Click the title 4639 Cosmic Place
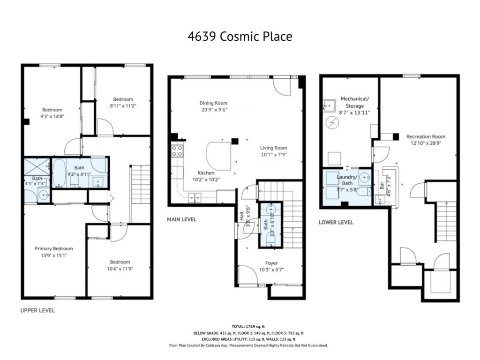click(x=240, y=37)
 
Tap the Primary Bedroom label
click(x=54, y=248)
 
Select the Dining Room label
click(x=213, y=103)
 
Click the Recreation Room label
click(x=426, y=136)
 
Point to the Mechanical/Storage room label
click(x=355, y=102)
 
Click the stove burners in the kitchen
click(x=177, y=151)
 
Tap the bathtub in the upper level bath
click(x=58, y=172)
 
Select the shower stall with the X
click(x=37, y=167)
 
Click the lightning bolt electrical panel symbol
click(x=332, y=123)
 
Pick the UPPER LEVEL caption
click(x=37, y=310)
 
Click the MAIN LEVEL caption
click(x=181, y=219)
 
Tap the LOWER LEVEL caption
click(x=336, y=223)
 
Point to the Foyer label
click(x=271, y=263)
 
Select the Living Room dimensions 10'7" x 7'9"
click(x=274, y=155)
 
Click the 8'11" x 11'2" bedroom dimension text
click(x=123, y=106)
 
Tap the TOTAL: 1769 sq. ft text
click(x=248, y=327)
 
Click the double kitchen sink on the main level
click(x=195, y=197)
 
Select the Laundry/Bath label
click(x=347, y=180)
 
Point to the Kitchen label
click(x=206, y=173)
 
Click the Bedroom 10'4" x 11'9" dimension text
click(x=120, y=269)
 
